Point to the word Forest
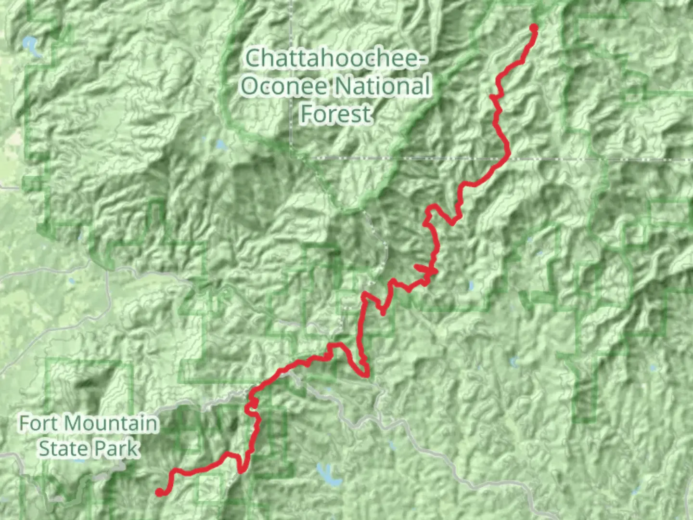(x=335, y=114)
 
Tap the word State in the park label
(x=63, y=449)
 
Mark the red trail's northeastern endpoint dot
(x=533, y=27)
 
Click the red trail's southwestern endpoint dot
(x=159, y=492)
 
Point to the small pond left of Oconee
(x=220, y=144)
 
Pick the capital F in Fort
(x=25, y=424)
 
